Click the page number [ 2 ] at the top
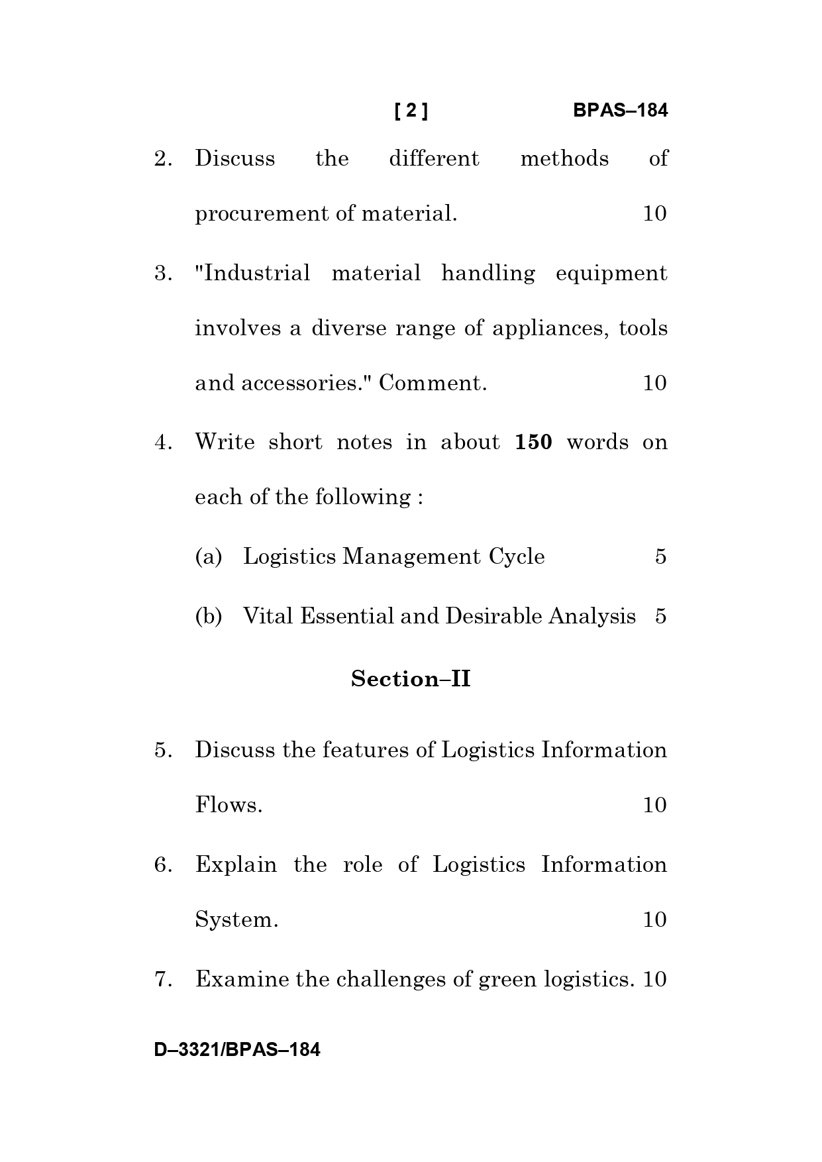[411, 111]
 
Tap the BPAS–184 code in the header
[620, 111]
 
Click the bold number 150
[533, 442]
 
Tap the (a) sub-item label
[208, 556]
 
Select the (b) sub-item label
[208, 616]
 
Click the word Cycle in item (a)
[517, 556]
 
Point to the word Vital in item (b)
[268, 616]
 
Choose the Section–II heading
[411, 679]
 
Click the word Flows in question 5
[229, 805]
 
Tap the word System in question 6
[236, 920]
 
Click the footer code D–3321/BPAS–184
[237, 1049]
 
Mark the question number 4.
[163, 442]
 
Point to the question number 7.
[163, 979]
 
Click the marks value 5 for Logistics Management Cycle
[660, 556]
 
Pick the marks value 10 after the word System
[654, 920]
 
